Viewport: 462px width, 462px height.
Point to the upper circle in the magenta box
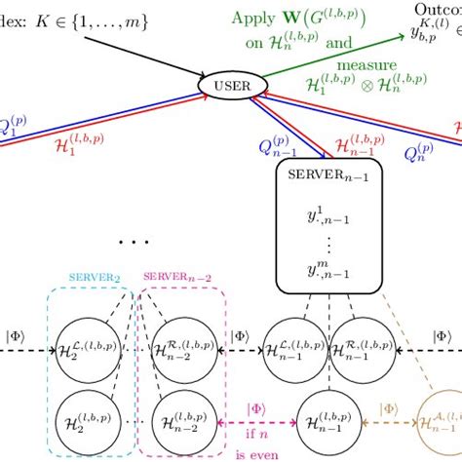coord(179,342)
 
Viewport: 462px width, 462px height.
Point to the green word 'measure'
coord(369,64)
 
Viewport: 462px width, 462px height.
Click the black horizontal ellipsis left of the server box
coord(133,240)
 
